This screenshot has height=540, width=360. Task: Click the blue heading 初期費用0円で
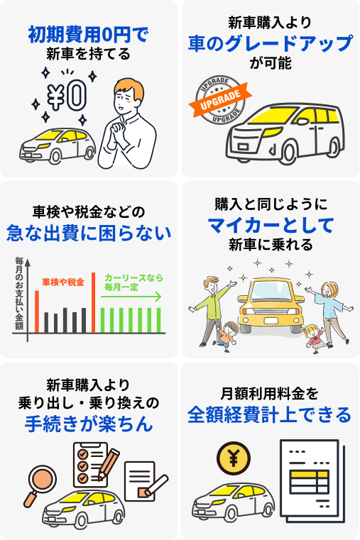tap(88, 35)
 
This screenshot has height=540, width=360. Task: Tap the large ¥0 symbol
tap(67, 95)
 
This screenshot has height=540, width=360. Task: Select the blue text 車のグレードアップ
tap(271, 43)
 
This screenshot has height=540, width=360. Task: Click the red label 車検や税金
tap(63, 282)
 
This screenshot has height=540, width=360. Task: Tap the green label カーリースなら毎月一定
tap(133, 282)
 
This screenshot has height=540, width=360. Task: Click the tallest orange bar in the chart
tap(93, 302)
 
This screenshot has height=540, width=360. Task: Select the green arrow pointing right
tap(131, 297)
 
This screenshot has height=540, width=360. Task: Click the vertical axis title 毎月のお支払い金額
tap(19, 294)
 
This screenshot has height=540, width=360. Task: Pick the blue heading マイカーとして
tap(271, 225)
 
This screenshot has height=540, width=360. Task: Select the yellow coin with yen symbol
tap(234, 458)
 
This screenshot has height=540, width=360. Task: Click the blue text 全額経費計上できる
tap(269, 414)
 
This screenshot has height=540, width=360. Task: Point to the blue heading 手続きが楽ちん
tap(89, 424)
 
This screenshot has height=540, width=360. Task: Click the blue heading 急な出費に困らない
tap(89, 233)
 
